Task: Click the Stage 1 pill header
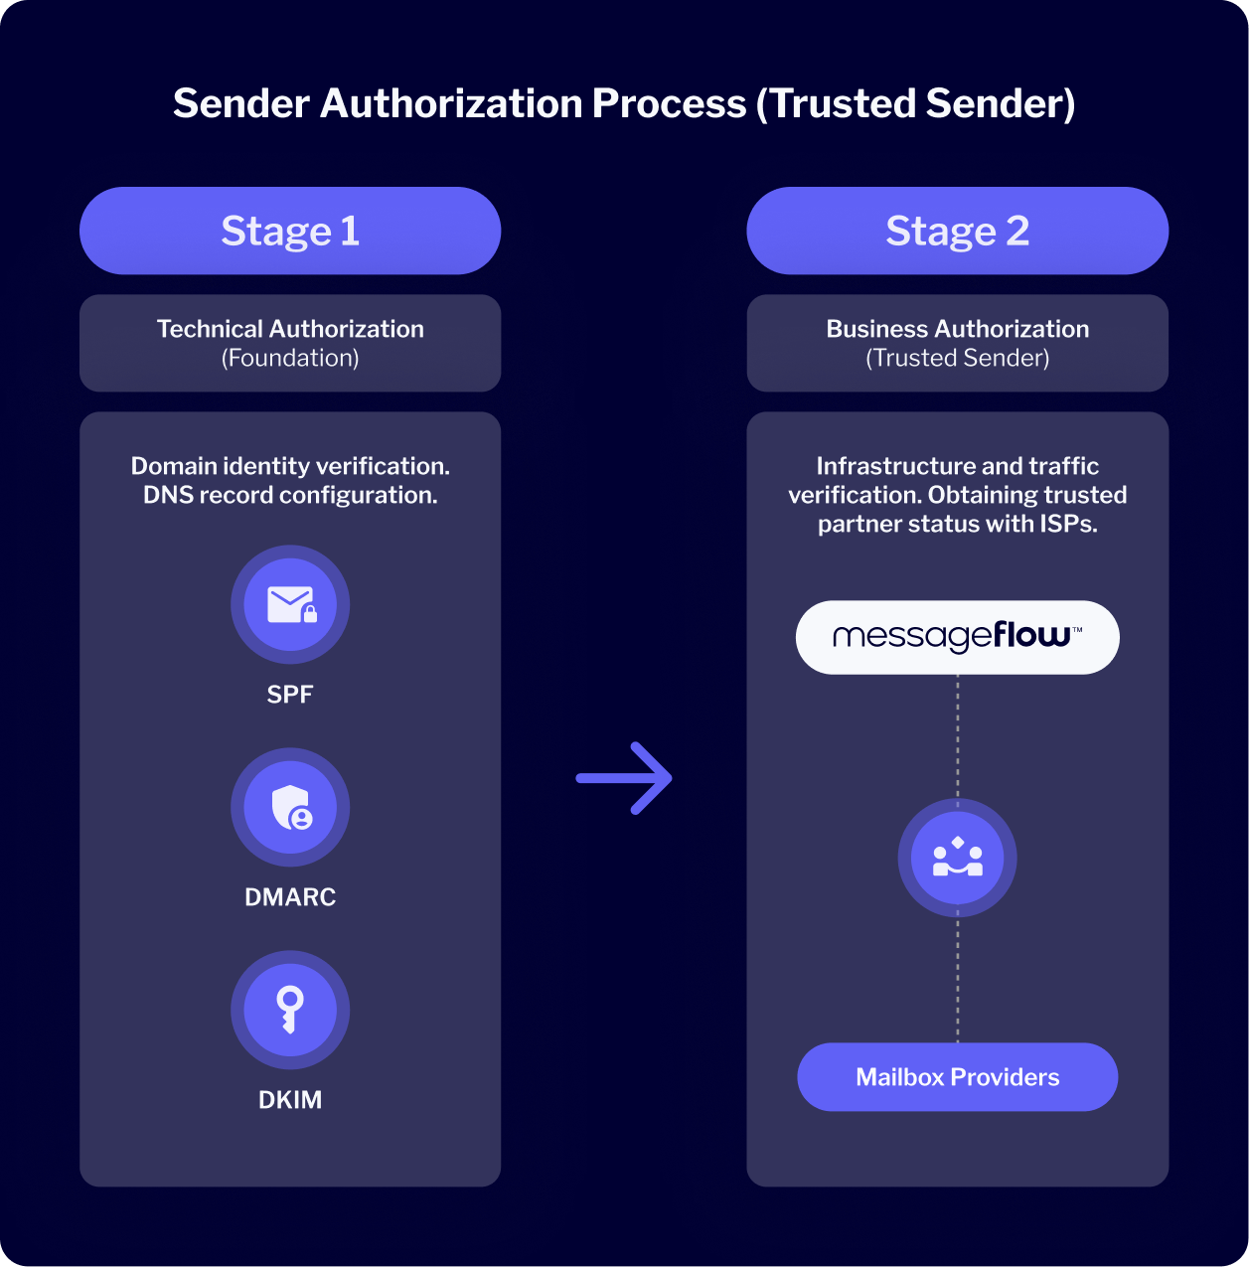290,231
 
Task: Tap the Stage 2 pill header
957,231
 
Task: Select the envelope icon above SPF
290,604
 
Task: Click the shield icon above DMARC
290,807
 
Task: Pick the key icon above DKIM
290,1010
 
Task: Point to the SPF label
290,695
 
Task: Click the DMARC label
290,897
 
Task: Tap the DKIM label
290,1100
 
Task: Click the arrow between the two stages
624,778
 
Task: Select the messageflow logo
957,637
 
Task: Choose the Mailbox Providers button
957,1077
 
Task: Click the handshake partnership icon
957,859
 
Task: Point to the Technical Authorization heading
290,329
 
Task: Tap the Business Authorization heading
957,329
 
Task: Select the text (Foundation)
290,358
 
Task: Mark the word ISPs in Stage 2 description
1068,524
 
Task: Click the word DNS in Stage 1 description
169,495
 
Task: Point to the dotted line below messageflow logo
958,735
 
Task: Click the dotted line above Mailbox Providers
958,980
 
